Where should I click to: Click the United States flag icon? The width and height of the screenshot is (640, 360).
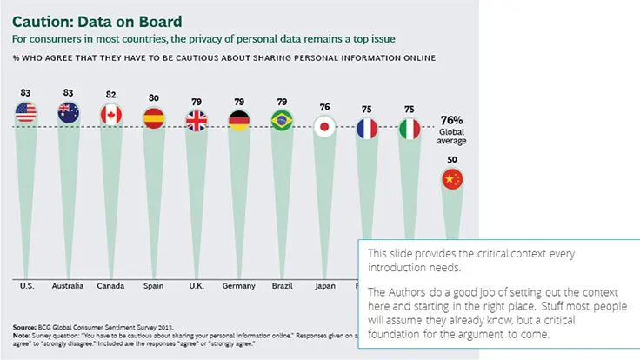pyautogui.click(x=25, y=111)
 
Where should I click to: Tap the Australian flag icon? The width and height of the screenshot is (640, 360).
pyautogui.click(x=68, y=111)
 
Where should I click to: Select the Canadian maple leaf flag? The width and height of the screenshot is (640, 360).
pyautogui.click(x=110, y=114)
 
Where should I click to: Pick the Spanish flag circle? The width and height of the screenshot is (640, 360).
pyautogui.click(x=153, y=118)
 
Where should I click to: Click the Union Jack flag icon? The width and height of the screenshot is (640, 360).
pyautogui.click(x=196, y=120)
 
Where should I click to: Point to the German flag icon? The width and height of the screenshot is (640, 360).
pyautogui.click(x=238, y=120)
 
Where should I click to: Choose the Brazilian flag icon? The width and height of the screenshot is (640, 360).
pyautogui.click(x=281, y=120)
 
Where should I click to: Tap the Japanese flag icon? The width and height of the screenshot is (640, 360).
pyautogui.click(x=324, y=127)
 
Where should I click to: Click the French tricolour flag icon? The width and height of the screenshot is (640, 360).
pyautogui.click(x=367, y=129)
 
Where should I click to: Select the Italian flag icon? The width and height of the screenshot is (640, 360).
pyautogui.click(x=410, y=129)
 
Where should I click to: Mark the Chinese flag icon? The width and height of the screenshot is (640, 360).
pyautogui.click(x=452, y=179)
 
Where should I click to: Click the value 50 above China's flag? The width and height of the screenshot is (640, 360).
pyautogui.click(x=452, y=160)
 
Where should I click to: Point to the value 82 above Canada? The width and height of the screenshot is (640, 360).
pyautogui.click(x=110, y=93)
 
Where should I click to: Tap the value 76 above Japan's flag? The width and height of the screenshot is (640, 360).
pyautogui.click(x=324, y=107)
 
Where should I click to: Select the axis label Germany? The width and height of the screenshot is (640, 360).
pyautogui.click(x=238, y=284)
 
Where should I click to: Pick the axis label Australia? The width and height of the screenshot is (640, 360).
pyautogui.click(x=68, y=284)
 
